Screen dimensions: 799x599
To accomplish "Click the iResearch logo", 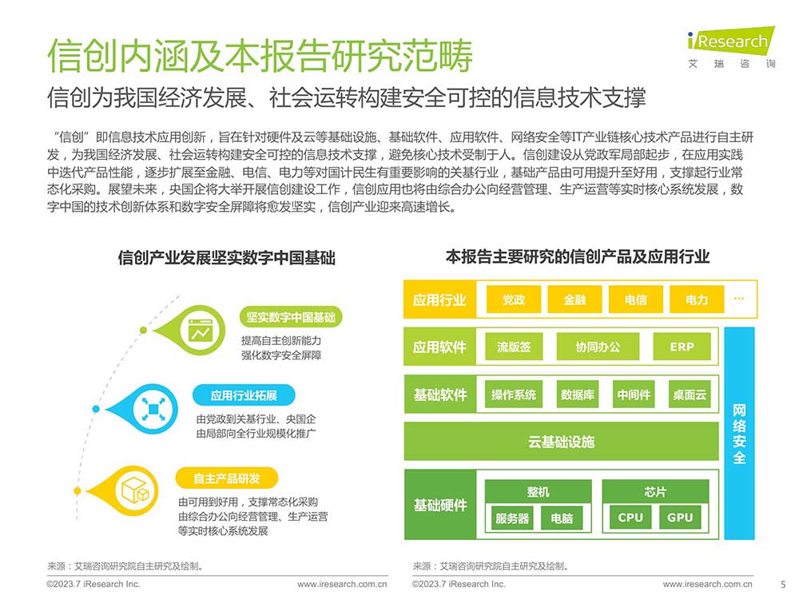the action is (731, 47).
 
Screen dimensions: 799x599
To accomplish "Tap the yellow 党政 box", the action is (513, 299).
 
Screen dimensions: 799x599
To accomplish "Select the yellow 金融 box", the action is (574, 299).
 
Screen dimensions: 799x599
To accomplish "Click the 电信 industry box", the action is (635, 299).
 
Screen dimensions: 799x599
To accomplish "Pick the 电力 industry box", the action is (697, 299).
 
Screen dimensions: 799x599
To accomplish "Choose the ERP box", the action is (682, 347).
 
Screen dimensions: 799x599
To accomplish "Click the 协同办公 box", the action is (598, 347).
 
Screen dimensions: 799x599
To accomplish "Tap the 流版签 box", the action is (514, 347).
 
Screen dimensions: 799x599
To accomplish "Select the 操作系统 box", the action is (514, 395).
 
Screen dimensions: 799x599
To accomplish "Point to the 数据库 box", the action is (578, 395).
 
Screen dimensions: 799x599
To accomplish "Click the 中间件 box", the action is (634, 395).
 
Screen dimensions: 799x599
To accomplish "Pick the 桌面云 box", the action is (690, 395).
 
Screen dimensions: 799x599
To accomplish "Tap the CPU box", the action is (630, 518).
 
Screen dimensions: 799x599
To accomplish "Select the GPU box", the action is (680, 518).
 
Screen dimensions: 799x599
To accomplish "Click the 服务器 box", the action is (512, 518).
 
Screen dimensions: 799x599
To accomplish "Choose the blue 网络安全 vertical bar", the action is (739, 434).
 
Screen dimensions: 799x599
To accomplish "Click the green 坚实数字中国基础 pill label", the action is (291, 317).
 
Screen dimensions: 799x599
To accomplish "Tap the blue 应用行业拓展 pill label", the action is (244, 395).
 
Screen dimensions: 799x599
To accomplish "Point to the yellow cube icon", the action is (135, 491).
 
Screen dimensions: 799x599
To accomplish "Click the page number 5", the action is (783, 585).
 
